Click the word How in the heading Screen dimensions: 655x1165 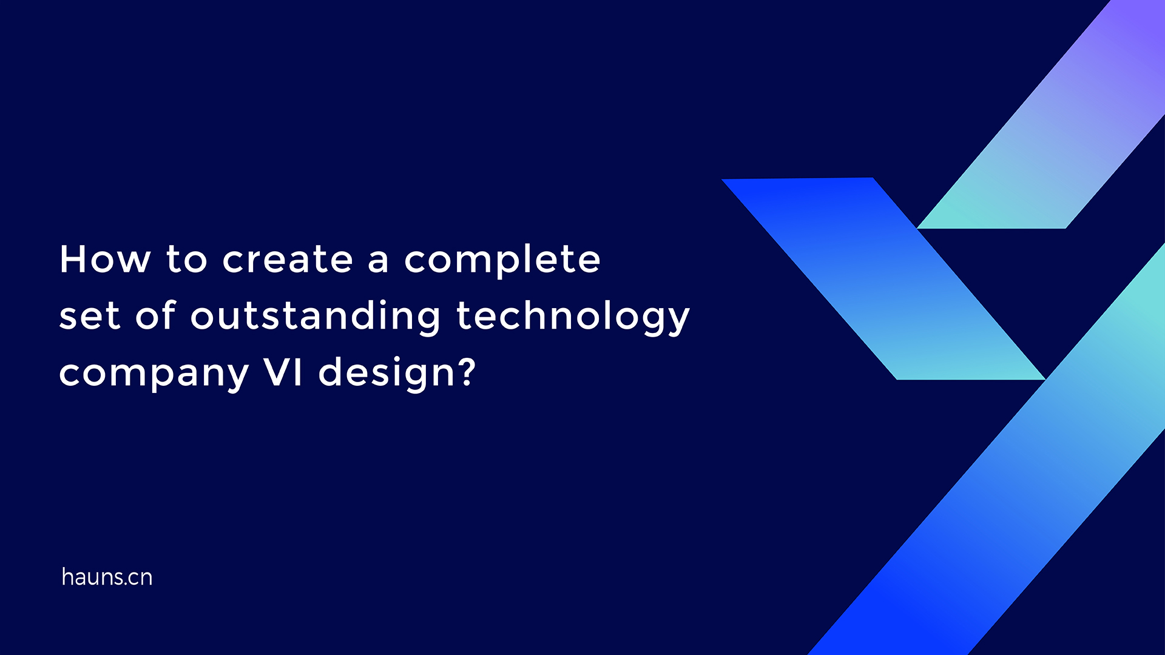tap(104, 260)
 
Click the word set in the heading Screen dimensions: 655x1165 tap(89, 316)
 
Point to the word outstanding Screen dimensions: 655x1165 tap(316, 316)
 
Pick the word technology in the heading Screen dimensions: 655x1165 tap(573, 317)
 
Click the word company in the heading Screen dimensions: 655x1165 tap(154, 374)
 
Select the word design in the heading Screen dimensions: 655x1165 tap(387, 374)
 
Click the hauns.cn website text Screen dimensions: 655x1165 tap(107, 577)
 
